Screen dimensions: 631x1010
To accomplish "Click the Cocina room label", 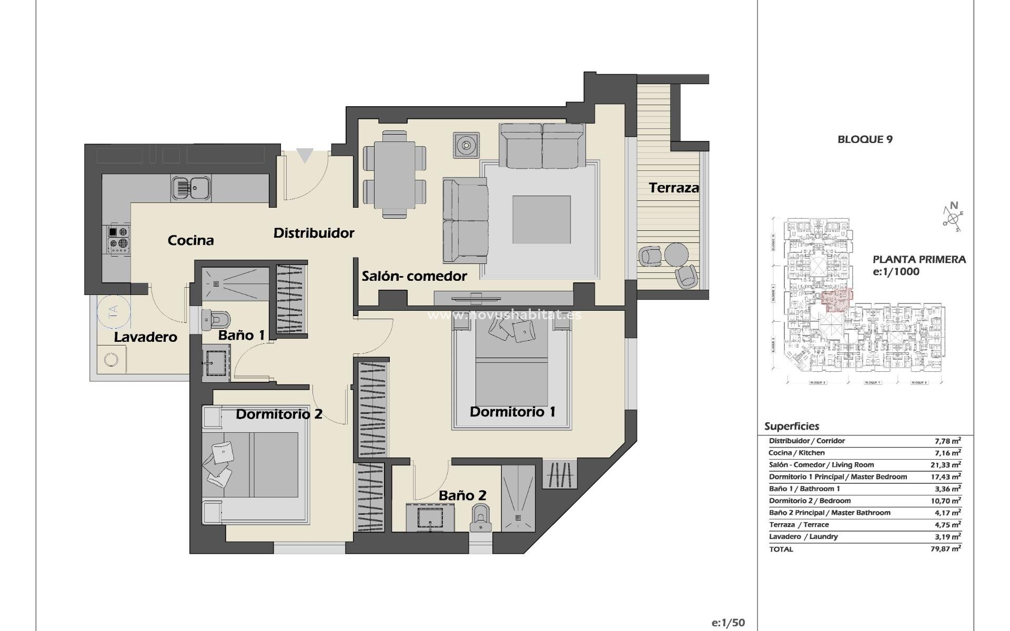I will (190, 240).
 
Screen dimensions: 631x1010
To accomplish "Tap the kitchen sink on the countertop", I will (191, 188).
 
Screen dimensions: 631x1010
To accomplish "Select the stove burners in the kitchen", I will (119, 238).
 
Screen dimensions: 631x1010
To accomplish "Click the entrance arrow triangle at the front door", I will (305, 156).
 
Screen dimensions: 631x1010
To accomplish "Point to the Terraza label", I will (673, 188).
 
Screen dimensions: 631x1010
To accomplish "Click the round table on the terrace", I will (676, 255).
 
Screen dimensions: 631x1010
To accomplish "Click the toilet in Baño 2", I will (480, 518).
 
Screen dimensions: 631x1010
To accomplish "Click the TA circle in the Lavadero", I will (113, 314).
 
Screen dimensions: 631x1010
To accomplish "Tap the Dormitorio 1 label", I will (512, 412).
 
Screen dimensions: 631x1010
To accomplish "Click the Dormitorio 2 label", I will (279, 414).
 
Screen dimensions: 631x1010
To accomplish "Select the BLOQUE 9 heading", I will (865, 139).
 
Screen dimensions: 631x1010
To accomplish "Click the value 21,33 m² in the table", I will (946, 465).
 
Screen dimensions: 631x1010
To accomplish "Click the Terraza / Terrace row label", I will (799, 525).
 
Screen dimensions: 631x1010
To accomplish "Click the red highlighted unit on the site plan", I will (835, 300).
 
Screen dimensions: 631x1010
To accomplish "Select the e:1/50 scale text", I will (728, 623).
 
